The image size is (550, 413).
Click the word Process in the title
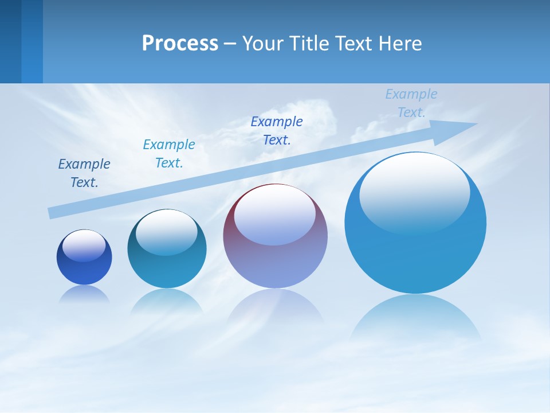180,44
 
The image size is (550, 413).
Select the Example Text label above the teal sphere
169,153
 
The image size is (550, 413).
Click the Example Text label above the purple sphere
277,130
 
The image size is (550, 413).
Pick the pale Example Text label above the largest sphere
411,103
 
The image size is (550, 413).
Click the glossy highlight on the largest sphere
414,193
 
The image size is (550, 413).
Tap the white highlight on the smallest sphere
84,246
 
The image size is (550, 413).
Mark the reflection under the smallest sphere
84,295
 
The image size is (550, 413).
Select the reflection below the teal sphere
167,302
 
